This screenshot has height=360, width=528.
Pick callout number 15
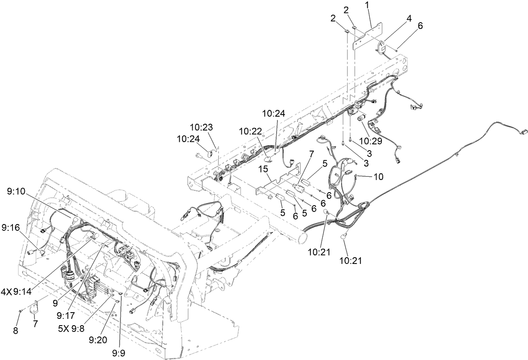(263, 169)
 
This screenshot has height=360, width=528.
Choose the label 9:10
(16, 191)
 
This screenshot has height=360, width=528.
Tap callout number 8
(16, 331)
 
